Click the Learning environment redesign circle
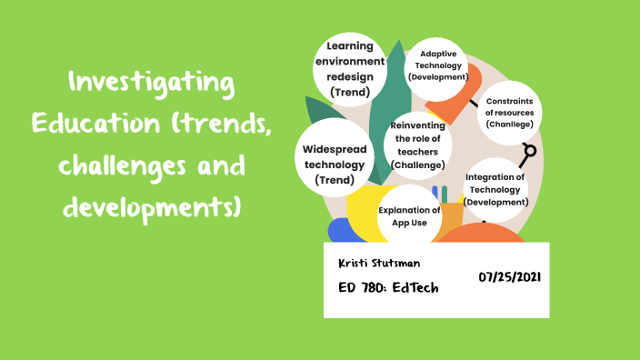[350, 68]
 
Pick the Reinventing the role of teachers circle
[417, 145]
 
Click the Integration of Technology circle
[496, 189]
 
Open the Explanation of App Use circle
[409, 215]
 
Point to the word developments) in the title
[151, 206]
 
